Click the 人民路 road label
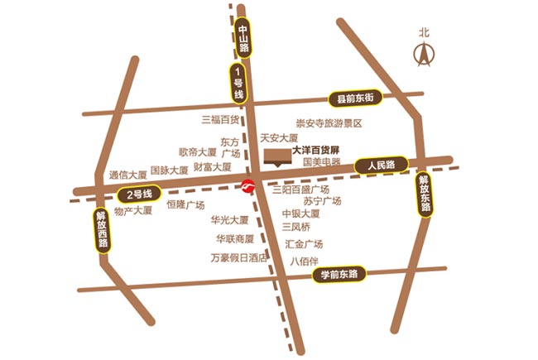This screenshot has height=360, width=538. (382, 165)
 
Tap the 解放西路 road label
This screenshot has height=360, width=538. (103, 230)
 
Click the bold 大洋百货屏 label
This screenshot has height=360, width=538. (316, 151)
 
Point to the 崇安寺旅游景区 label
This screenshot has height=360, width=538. (329, 123)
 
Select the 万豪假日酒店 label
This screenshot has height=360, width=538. (241, 257)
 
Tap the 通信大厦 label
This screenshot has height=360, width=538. (128, 175)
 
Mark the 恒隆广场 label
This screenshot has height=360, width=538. (185, 204)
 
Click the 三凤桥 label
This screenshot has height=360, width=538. (295, 227)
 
